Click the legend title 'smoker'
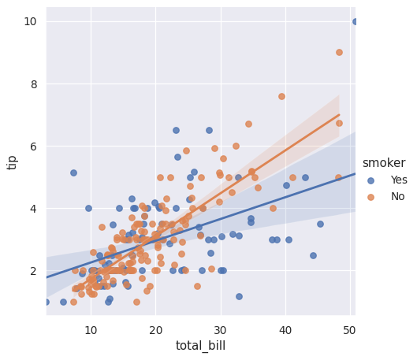pos(384,163)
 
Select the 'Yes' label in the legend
pos(399,180)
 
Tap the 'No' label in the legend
pos(397,196)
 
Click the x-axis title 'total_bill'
pos(200,346)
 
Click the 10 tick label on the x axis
pos(91,328)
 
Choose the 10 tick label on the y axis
pos(29,21)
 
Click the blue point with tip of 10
pos(356,21)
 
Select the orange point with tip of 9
pos(339,53)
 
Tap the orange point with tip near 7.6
pos(281,96)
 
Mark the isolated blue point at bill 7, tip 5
pos(73,173)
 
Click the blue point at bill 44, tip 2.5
pos(313,255)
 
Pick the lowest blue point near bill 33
pos(239,296)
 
